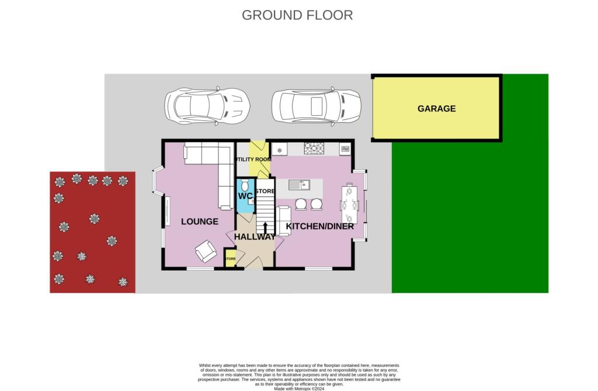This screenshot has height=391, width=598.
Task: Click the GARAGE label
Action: pyautogui.click(x=436, y=109)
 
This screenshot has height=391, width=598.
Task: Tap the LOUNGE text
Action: pyautogui.click(x=199, y=222)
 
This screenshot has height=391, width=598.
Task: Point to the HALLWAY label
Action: pyautogui.click(x=255, y=236)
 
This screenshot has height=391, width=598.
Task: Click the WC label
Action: pyautogui.click(x=245, y=196)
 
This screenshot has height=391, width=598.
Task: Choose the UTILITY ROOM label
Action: pyautogui.click(x=253, y=159)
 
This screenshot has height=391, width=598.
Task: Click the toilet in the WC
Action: pyautogui.click(x=245, y=185)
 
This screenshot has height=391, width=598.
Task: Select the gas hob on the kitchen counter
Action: pyautogui.click(x=314, y=149)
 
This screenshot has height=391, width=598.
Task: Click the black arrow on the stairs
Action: pyautogui.click(x=266, y=228)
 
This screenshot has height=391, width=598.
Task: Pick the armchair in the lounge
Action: pyautogui.click(x=206, y=251)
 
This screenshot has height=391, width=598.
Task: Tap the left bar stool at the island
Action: pyautogui.click(x=301, y=204)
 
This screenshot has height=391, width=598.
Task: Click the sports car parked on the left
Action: pyautogui.click(x=207, y=106)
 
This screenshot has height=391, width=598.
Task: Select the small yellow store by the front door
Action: pyautogui.click(x=231, y=258)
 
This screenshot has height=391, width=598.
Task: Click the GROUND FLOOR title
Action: pyautogui.click(x=297, y=15)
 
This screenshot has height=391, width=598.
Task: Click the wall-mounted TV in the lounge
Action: pyautogui.click(x=167, y=212)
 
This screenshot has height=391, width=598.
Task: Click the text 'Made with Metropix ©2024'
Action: pyautogui.click(x=298, y=388)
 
